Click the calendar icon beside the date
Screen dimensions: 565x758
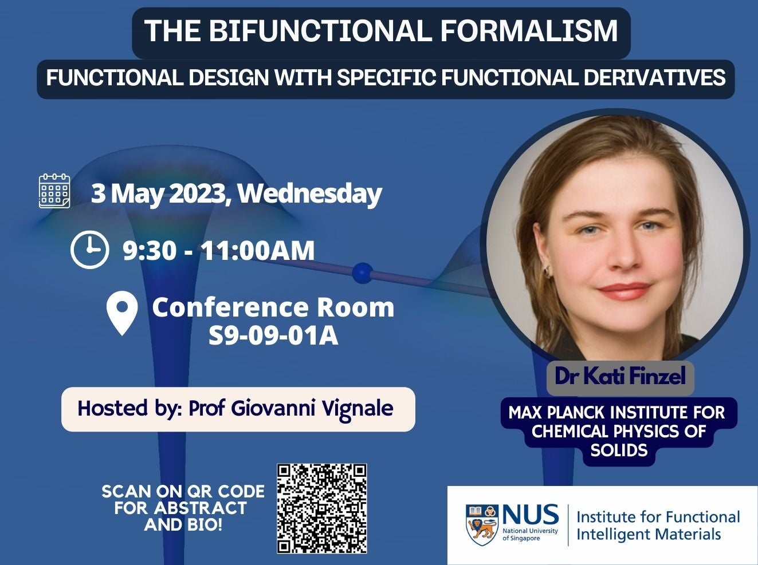coord(54,191)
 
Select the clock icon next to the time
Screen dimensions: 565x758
coord(89,250)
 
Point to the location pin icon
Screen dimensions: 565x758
coord(122,313)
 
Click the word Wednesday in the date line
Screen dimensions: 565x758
coord(309,193)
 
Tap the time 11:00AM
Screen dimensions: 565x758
coord(258,251)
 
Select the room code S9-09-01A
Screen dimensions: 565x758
coord(273,336)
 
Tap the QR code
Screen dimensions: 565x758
coord(321,508)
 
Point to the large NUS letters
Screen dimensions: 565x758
coord(531,515)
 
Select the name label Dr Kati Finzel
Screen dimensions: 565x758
coord(620,377)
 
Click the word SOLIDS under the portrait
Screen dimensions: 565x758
coord(619,451)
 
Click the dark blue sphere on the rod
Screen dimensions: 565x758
coord(362,273)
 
